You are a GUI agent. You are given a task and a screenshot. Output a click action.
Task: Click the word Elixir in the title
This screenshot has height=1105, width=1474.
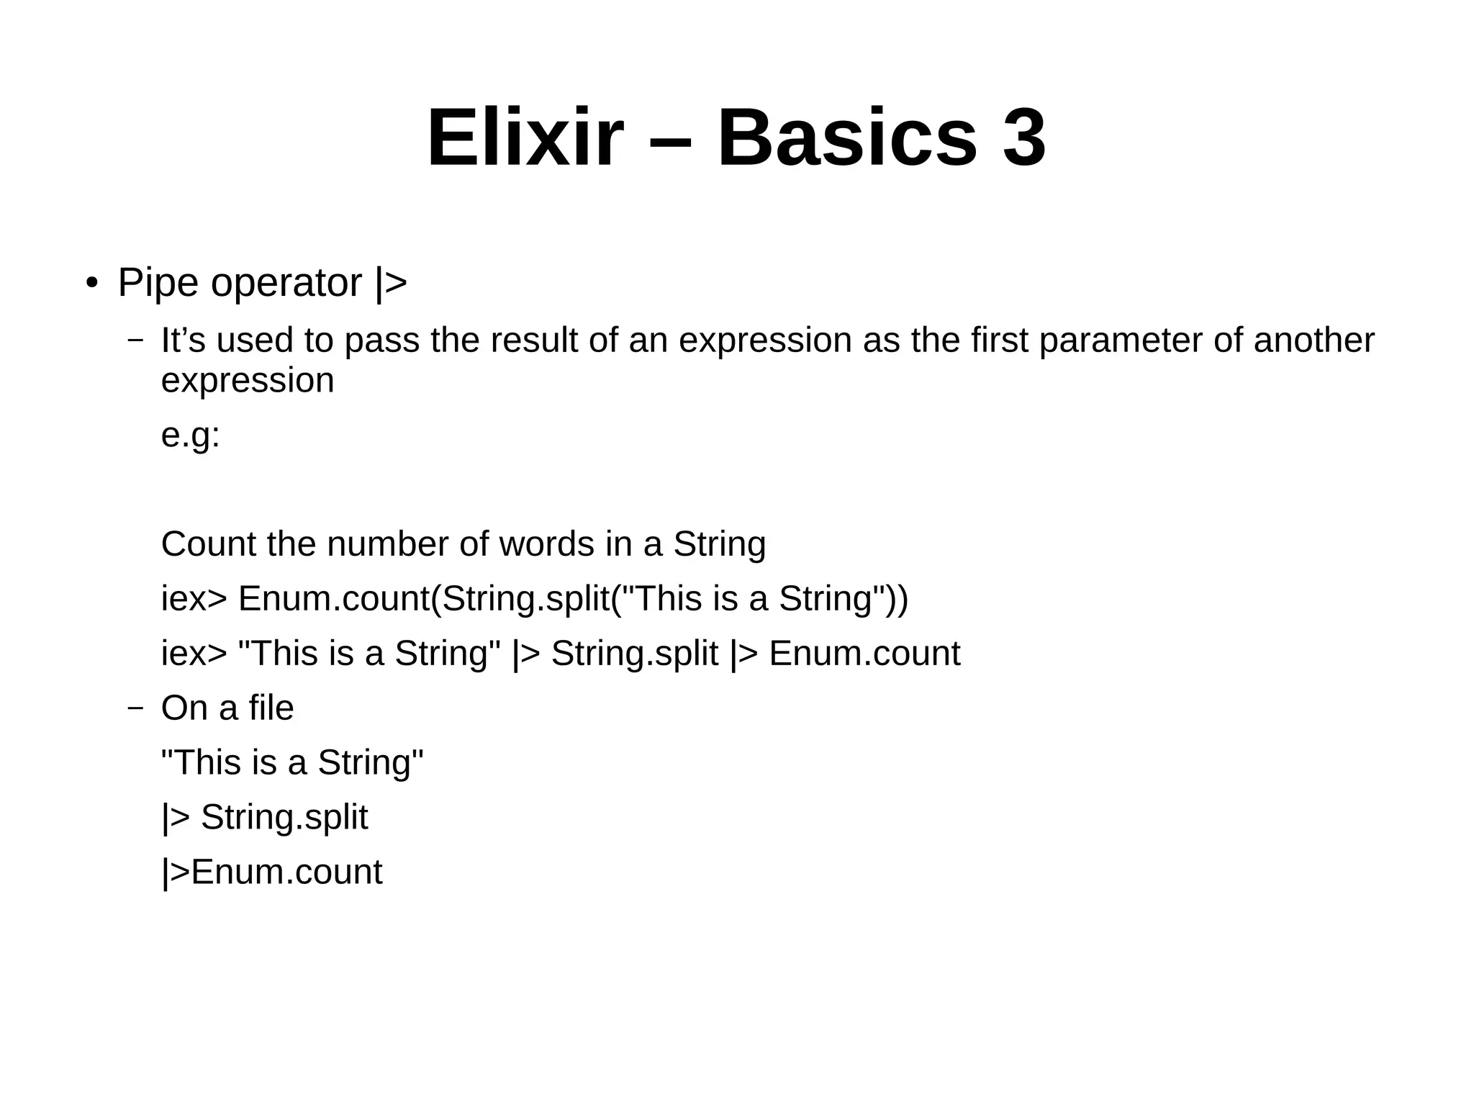(x=525, y=137)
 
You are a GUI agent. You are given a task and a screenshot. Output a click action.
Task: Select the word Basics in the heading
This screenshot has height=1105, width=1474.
(x=847, y=137)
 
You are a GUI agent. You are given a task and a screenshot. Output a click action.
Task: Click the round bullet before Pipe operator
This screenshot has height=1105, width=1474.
(x=91, y=283)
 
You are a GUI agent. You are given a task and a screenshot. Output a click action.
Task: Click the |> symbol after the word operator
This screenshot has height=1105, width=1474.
(x=391, y=283)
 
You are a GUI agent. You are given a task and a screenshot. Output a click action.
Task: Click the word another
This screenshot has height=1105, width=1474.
(x=1314, y=340)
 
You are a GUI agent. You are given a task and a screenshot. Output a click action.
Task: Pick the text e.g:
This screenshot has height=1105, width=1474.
(x=190, y=435)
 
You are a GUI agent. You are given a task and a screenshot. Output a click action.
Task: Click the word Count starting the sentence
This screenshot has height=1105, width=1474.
(x=209, y=544)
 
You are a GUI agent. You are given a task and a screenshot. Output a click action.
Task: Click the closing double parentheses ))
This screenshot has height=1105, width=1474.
(x=896, y=599)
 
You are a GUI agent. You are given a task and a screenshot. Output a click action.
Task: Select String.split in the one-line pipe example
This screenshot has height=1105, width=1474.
(x=634, y=654)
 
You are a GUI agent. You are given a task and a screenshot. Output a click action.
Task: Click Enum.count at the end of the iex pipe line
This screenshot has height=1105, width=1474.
(x=864, y=654)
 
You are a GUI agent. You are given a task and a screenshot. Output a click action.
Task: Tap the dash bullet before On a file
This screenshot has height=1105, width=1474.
(x=135, y=708)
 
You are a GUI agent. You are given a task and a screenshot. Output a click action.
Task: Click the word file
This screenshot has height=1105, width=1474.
(x=271, y=708)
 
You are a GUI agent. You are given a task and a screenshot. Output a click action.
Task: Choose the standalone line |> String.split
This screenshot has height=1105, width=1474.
(x=264, y=818)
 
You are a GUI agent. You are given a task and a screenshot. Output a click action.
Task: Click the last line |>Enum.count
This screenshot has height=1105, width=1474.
(x=271, y=872)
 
